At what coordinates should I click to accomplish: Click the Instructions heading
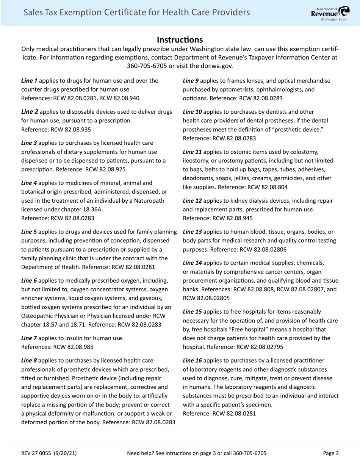point(180,40)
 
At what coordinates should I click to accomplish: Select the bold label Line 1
point(29,81)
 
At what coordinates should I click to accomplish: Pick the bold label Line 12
point(193,200)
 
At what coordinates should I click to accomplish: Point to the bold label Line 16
point(193,361)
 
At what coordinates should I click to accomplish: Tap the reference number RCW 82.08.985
point(73,347)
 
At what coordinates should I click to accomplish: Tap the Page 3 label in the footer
point(331,453)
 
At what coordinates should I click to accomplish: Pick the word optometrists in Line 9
point(229,90)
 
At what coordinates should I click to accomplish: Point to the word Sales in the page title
point(33,13)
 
